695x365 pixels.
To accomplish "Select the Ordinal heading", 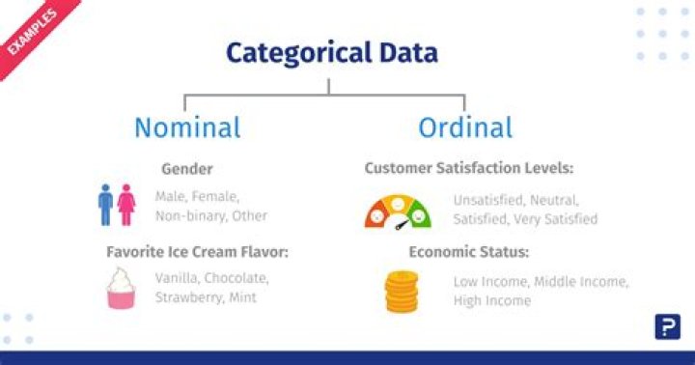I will [x=465, y=126].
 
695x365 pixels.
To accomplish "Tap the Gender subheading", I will [x=187, y=169].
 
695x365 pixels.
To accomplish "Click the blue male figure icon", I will [x=106, y=205].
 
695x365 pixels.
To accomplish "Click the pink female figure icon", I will [x=126, y=205].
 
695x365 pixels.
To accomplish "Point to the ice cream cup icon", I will [x=120, y=288].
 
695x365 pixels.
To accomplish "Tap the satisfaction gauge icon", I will [x=398, y=211].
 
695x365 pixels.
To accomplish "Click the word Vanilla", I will [x=178, y=278].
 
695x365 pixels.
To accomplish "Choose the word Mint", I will [x=242, y=297].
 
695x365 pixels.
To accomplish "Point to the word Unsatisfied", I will [x=492, y=201].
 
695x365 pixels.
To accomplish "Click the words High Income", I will [x=492, y=300].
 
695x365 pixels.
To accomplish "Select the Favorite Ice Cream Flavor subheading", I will [x=197, y=252].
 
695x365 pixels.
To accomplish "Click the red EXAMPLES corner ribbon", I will [x=29, y=30].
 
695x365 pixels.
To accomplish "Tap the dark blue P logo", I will [x=666, y=327].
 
